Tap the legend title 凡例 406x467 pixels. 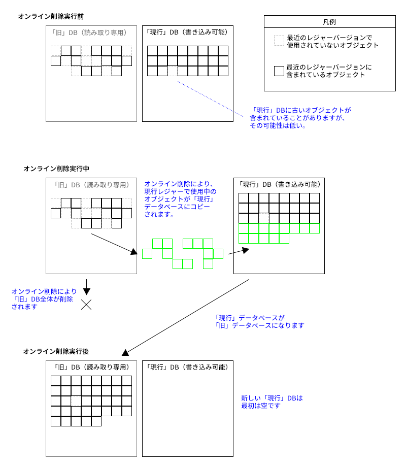coord(329,22)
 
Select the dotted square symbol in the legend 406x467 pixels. coord(279,41)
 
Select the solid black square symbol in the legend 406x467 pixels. coord(279,71)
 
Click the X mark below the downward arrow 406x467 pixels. coord(87,305)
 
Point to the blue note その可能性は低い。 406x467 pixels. coord(277,125)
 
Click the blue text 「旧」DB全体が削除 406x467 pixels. coord(43,299)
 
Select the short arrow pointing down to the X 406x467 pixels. coord(87,287)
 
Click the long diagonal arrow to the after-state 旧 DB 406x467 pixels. coord(188,315)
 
